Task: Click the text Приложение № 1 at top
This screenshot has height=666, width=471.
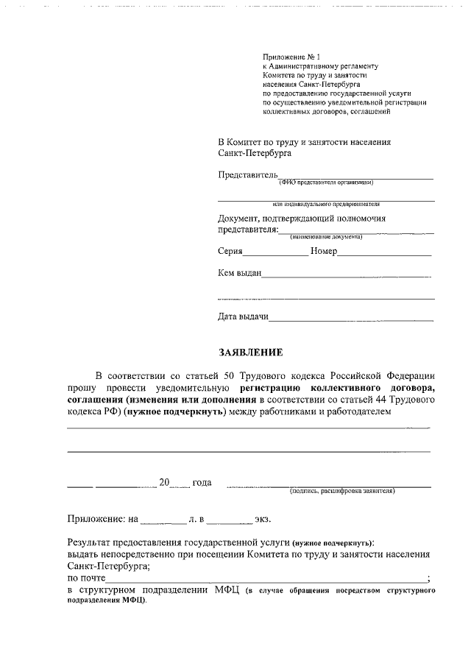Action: click(x=289, y=57)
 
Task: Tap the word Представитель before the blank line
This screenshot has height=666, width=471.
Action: click(x=247, y=174)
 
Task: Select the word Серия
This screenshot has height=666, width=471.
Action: click(x=230, y=251)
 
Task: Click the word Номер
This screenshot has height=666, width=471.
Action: click(x=324, y=251)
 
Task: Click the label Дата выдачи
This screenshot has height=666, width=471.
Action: click(x=243, y=317)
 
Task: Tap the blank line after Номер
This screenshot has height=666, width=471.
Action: click(x=384, y=254)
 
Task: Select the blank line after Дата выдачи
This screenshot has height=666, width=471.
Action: click(x=352, y=320)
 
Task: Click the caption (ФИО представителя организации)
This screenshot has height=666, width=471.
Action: click(x=325, y=182)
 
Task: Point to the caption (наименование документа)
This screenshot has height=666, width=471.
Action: click(x=325, y=237)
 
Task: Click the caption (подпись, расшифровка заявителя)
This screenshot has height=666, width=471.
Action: click(x=342, y=490)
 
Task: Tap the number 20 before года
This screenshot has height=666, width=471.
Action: click(x=165, y=483)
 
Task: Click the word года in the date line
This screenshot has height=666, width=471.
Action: click(x=202, y=483)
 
